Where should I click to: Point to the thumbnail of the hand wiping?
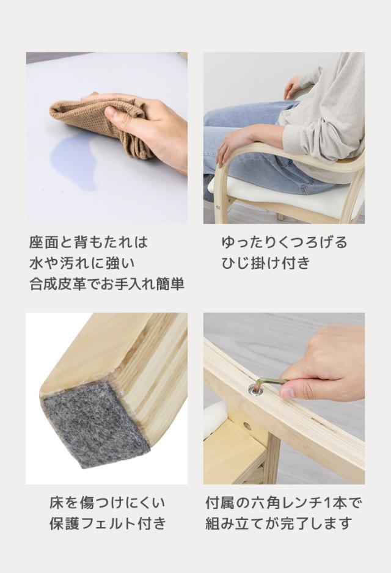tap(107, 138)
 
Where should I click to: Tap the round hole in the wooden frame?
tap(247, 425)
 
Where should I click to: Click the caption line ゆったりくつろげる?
tap(284, 243)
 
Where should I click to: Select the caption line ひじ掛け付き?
tap(266, 263)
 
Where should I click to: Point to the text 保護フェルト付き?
tap(108, 524)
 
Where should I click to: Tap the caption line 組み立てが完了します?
tap(279, 524)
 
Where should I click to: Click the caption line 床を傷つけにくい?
tap(107, 503)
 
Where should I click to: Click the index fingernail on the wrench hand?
tap(287, 392)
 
